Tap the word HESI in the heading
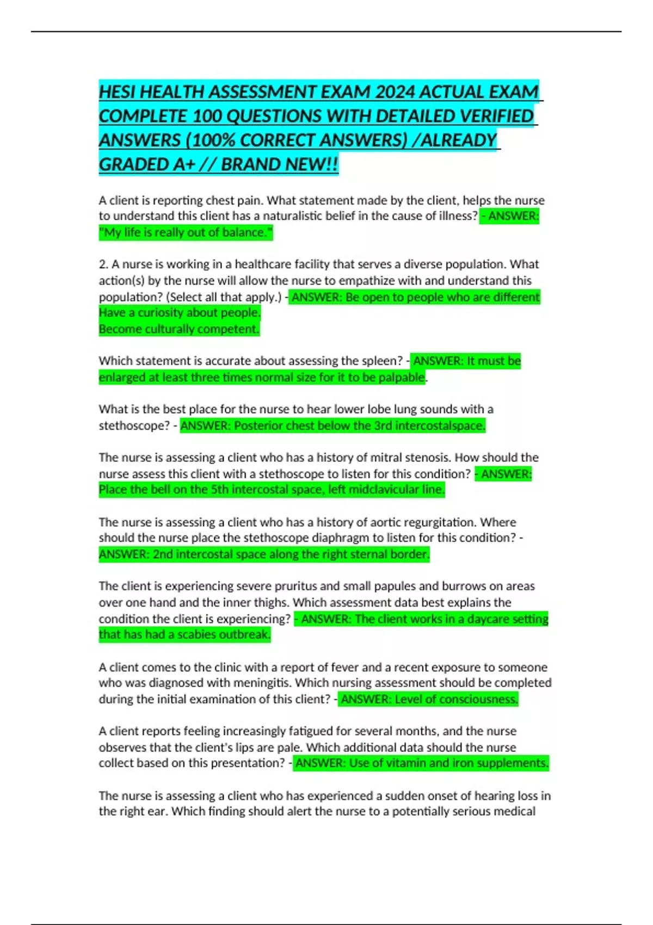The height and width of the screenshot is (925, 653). tap(118, 92)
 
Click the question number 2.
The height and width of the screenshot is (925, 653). tap(102, 264)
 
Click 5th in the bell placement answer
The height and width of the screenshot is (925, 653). tap(219, 490)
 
